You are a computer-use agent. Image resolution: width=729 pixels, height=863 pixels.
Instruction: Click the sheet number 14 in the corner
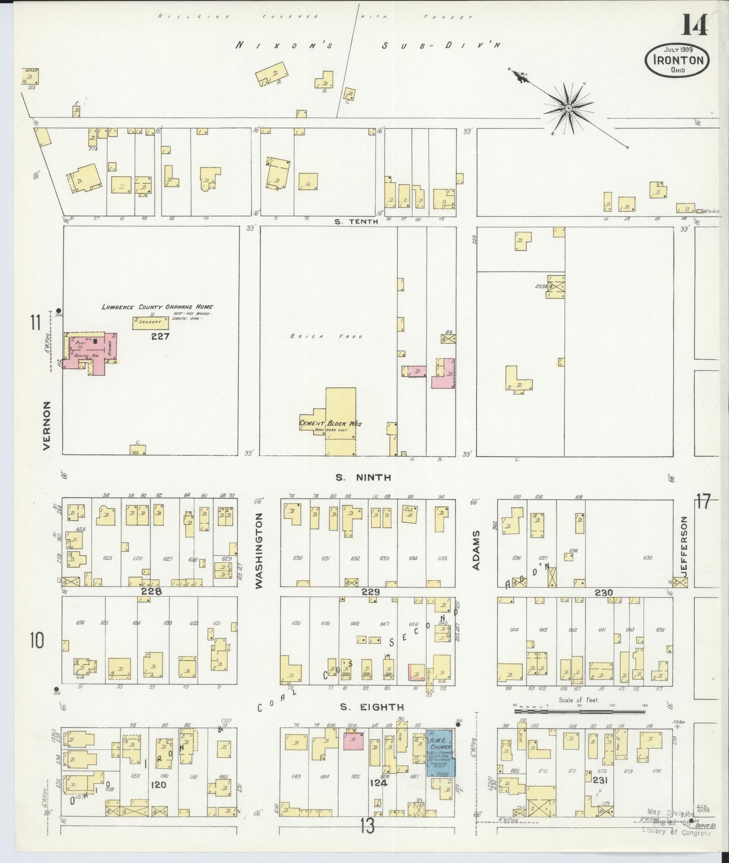coord(695,24)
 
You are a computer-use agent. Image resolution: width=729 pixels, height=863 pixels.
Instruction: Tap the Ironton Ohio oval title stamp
coord(678,60)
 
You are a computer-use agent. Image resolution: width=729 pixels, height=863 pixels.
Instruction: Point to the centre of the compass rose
coord(568,108)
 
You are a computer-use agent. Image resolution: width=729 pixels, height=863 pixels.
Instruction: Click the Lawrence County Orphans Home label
coord(157,307)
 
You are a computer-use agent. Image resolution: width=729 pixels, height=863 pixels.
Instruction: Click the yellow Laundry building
coord(150,322)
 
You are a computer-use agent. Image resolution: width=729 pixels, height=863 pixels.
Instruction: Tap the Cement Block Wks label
coord(330,423)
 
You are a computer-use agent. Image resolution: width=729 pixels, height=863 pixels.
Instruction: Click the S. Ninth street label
coord(364,477)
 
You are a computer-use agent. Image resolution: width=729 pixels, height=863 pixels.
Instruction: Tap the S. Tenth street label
coord(356,221)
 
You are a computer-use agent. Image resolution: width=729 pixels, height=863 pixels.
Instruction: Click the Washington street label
coord(259,550)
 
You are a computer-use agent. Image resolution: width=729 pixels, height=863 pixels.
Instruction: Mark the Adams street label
coord(476,557)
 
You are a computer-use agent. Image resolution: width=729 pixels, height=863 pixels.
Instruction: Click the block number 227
coord(160,337)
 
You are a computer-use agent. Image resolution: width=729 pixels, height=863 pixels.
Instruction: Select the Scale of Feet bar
coord(579,711)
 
